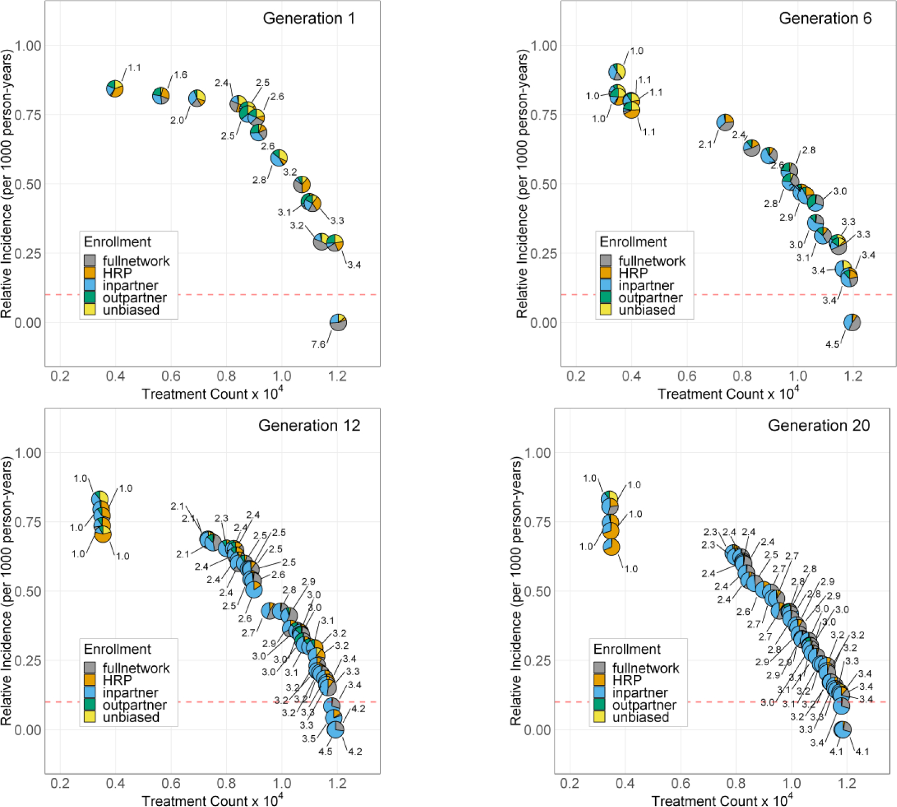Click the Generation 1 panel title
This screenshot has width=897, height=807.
[309, 18]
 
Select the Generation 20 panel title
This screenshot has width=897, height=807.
[818, 425]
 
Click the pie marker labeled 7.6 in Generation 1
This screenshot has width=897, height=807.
[338, 322]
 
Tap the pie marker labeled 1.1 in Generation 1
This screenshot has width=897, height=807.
[114, 89]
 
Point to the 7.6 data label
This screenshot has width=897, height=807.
[318, 344]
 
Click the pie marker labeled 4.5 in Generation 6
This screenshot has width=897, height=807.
[852, 322]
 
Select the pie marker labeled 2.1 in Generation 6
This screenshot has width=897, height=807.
[725, 122]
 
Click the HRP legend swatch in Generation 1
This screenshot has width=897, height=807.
[90, 273]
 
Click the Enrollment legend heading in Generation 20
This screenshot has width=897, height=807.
[627, 649]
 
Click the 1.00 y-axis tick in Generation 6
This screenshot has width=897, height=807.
[543, 45]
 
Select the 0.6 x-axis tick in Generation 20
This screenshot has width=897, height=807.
[681, 783]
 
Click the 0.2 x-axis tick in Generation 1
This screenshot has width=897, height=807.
[60, 376]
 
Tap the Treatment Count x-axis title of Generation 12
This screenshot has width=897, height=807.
[212, 800]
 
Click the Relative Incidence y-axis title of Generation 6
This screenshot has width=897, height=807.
[522, 184]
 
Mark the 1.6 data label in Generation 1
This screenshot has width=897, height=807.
[180, 75]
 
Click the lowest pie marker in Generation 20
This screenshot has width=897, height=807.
[843, 729]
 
